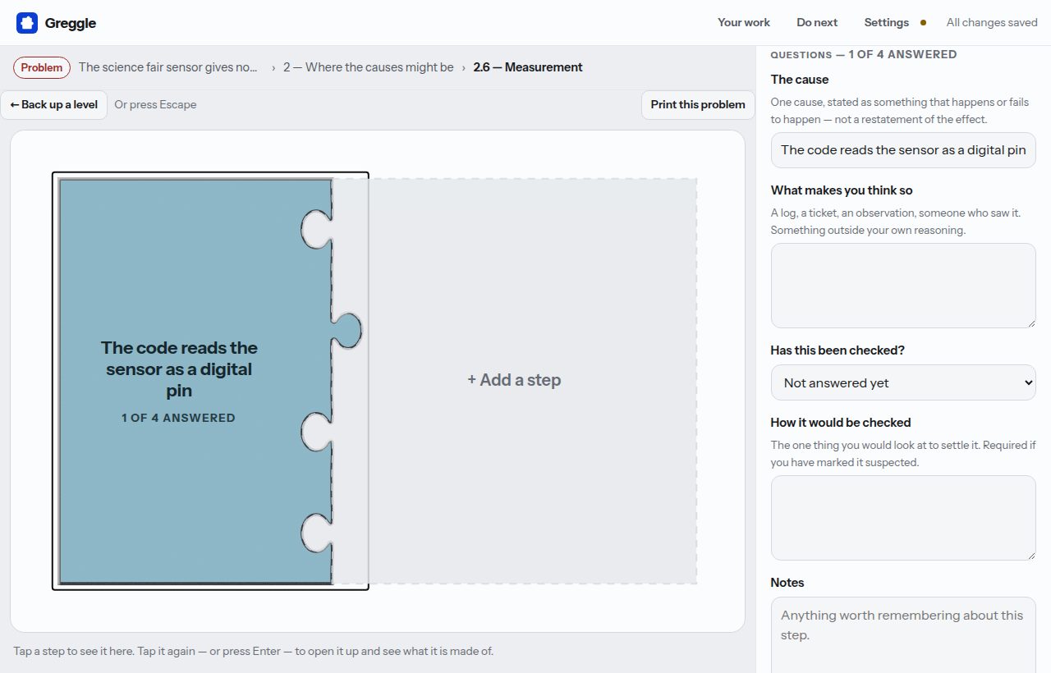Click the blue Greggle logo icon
tap(27, 23)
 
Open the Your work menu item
tap(744, 22)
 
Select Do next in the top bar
tap(817, 22)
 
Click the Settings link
tap(886, 22)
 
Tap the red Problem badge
tap(42, 67)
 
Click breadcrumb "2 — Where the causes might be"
tap(369, 67)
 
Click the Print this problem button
tap(698, 104)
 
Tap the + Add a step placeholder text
tap(514, 380)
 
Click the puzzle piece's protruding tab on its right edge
tap(347, 330)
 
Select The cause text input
tap(903, 150)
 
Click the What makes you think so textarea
tap(903, 286)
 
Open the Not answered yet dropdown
tap(903, 382)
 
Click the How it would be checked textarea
tap(903, 518)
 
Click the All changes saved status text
tap(992, 22)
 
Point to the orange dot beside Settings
tap(924, 22)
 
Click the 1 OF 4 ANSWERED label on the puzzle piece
tap(178, 418)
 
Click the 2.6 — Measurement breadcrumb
tap(528, 67)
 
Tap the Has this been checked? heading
tap(838, 350)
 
